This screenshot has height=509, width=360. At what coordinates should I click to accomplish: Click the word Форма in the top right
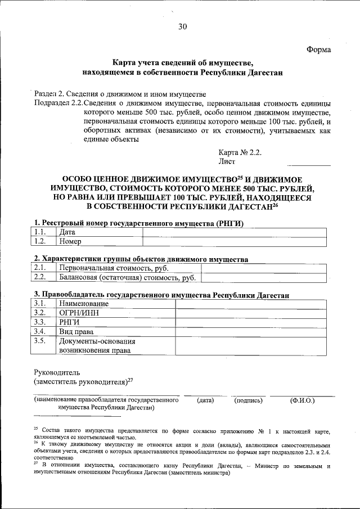tap(318, 49)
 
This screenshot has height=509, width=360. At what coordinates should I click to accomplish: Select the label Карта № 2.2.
tap(240, 152)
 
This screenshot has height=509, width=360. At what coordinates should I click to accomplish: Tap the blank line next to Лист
tap(309, 164)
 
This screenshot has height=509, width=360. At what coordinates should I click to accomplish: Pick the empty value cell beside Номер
tap(233, 241)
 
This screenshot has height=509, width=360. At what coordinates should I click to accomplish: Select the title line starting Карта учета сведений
tap(182, 64)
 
